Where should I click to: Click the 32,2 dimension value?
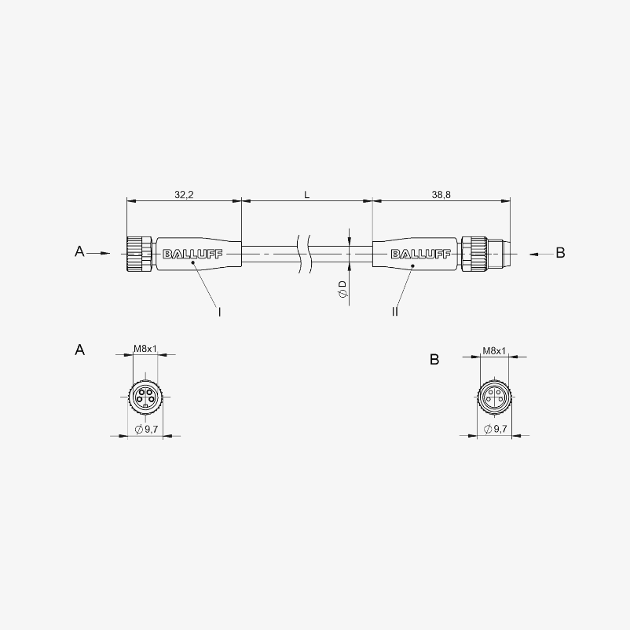coord(184,195)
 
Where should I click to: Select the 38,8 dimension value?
coord(441,195)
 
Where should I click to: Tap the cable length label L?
coord(306,196)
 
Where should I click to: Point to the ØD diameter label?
coord(342,289)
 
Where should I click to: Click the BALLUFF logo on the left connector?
coord(192,255)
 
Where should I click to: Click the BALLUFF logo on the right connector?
coord(421,255)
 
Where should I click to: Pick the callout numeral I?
coord(219,312)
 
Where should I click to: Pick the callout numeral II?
coord(395,311)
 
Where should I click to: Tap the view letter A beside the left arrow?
coord(79,251)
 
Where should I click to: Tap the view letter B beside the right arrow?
coord(560,253)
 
